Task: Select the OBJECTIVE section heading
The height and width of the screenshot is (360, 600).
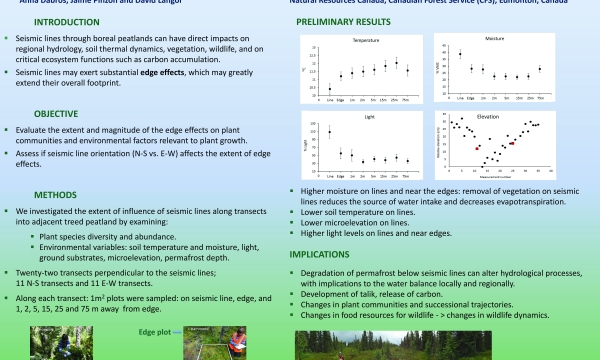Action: (62, 114)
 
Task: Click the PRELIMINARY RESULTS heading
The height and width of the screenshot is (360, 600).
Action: (357, 20)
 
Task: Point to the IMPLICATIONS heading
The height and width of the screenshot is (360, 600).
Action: (326, 254)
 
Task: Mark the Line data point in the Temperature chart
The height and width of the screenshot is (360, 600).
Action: (329, 88)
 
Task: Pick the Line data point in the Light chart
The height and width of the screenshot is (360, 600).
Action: (329, 131)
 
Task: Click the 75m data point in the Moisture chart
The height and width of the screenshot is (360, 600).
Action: (539, 69)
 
